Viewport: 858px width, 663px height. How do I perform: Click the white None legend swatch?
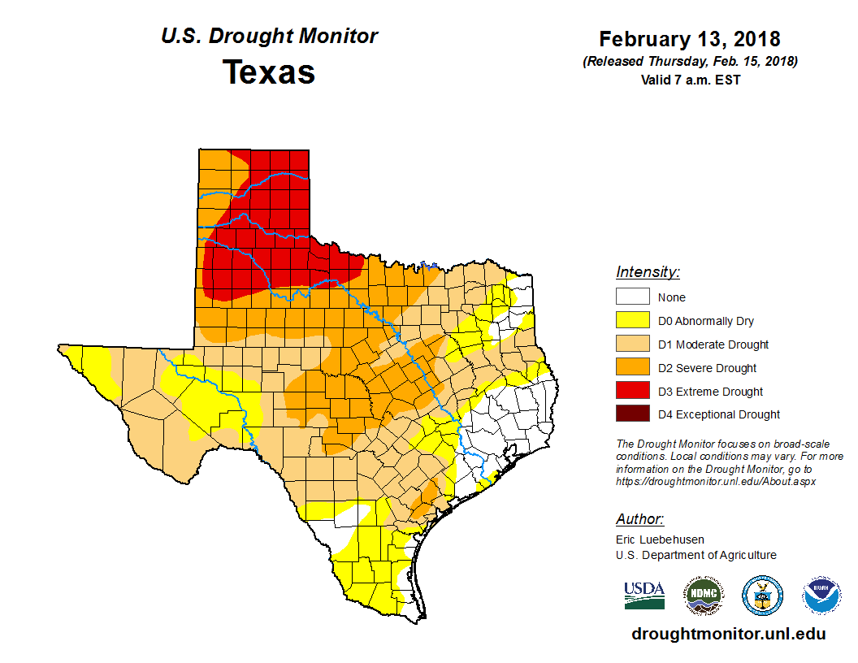click(x=632, y=297)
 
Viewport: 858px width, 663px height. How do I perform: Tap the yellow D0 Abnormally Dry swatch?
click(x=632, y=321)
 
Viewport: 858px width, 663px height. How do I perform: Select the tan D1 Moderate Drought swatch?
click(x=632, y=344)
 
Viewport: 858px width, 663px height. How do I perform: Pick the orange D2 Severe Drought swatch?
click(x=632, y=368)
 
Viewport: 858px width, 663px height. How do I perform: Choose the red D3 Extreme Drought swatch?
click(x=632, y=392)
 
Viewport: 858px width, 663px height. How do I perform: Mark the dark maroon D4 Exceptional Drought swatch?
click(x=632, y=414)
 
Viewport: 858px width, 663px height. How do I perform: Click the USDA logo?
click(x=644, y=595)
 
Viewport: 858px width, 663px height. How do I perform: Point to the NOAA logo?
click(x=821, y=596)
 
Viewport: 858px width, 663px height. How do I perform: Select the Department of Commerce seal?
click(x=762, y=596)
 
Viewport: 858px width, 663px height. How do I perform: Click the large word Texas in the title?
click(x=269, y=72)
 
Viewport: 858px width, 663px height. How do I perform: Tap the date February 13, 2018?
click(x=690, y=39)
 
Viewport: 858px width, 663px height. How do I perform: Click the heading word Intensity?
click(x=648, y=272)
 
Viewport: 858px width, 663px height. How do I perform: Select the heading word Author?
click(x=639, y=519)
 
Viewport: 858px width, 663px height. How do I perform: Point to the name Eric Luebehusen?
click(x=660, y=539)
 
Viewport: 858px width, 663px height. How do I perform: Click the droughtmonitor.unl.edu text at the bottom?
click(x=729, y=635)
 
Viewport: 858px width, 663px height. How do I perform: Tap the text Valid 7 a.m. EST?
click(x=690, y=80)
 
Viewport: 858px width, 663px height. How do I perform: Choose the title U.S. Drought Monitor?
click(x=269, y=37)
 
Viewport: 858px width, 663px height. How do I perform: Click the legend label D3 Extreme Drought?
click(x=710, y=392)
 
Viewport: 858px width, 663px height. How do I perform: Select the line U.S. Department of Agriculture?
click(x=695, y=555)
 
